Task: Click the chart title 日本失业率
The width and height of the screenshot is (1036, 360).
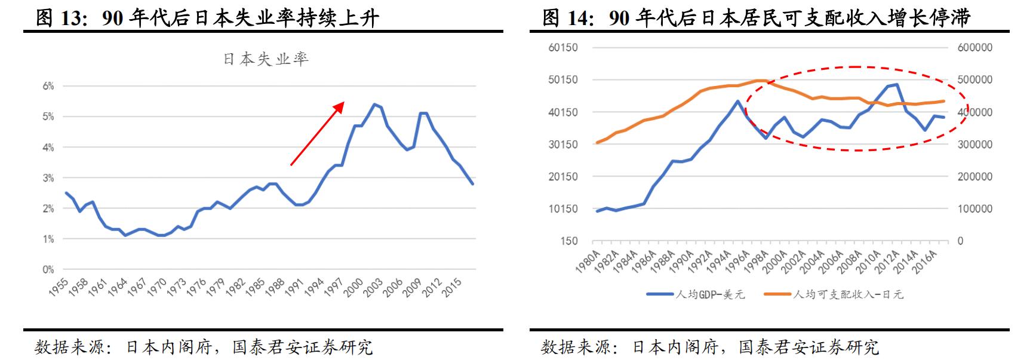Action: pos(266,59)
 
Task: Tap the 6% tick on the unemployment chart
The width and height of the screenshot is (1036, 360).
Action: pos(48,86)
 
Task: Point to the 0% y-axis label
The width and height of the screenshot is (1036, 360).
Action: pos(48,269)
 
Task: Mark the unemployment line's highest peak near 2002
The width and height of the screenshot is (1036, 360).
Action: pos(374,104)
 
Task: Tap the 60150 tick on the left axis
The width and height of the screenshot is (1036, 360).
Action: pos(563,48)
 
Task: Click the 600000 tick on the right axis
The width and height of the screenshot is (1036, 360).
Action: pos(974,48)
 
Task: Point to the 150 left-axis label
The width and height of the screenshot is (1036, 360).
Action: pos(570,241)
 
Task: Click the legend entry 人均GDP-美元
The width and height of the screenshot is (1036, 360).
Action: pos(696,294)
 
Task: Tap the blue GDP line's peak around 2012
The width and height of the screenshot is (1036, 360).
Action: pos(897,85)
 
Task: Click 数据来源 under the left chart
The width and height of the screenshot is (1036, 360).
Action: pos(69,347)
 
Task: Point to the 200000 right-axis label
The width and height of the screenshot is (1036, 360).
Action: pos(974,177)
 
